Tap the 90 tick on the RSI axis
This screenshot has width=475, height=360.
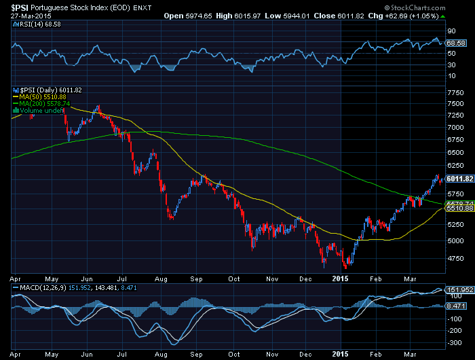[x=450, y=31]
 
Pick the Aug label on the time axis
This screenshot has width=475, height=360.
[x=161, y=278]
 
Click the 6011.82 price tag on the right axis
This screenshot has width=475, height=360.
[x=457, y=179]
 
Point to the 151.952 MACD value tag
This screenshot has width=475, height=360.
[x=458, y=290]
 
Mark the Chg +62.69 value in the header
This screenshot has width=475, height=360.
[x=413, y=14]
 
